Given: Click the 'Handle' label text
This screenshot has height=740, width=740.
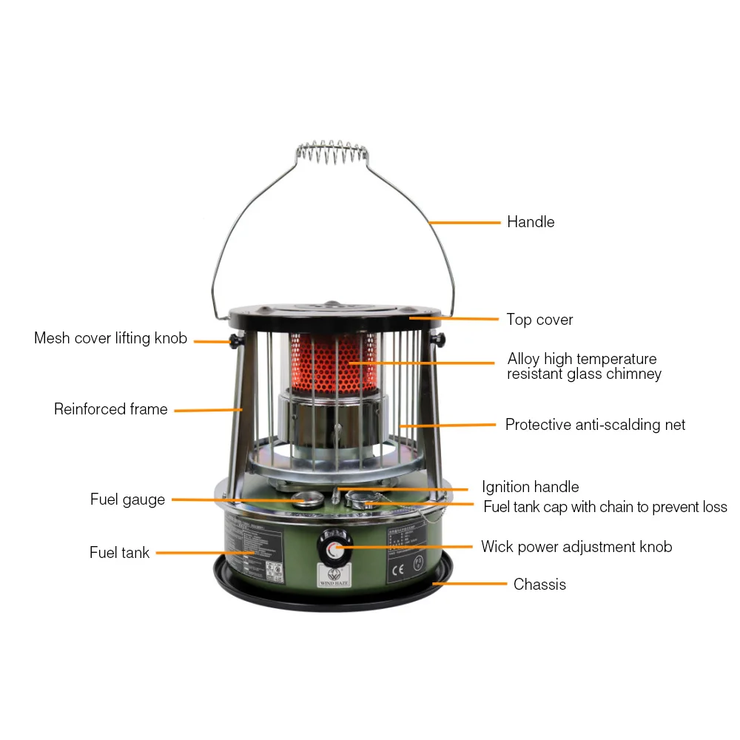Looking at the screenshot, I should pos(530,222).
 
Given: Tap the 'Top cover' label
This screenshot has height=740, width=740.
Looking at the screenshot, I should pos(539,320).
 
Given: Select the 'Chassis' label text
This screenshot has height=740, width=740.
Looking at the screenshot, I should pos(539,585).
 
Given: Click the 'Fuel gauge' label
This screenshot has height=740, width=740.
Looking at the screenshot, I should pos(127,499).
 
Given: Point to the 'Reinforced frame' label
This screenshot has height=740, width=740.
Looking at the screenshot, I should pos(110,409).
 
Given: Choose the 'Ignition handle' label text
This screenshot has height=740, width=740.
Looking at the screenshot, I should pos(530,487).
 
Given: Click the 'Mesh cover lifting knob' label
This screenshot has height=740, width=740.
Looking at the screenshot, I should pos(111,339).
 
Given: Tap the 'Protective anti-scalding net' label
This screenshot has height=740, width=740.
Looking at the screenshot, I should pos(595,425).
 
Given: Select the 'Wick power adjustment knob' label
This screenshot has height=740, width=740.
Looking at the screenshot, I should pos(576,547).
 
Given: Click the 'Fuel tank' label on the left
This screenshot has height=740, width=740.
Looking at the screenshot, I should pos(119,553).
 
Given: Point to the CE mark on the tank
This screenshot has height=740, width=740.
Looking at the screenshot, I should pos(397,570).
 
